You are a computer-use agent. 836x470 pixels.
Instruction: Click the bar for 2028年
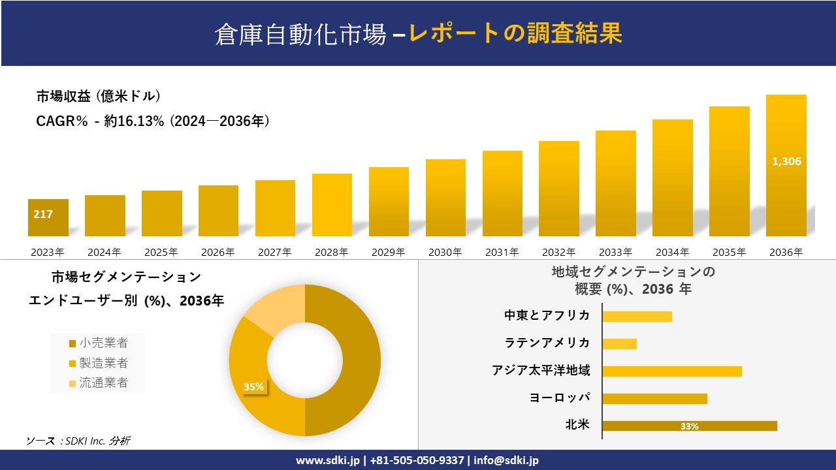pos(332,205)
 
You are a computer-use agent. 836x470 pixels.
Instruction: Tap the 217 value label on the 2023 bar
pos(43,214)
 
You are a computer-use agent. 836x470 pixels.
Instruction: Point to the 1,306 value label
pos(786,161)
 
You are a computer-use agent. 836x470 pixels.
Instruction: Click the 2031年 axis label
pos(502,252)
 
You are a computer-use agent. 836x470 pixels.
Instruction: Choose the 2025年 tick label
pos(161,252)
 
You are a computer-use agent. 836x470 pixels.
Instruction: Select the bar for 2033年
pos(615,183)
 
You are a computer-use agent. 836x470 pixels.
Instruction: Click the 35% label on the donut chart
pos(253,387)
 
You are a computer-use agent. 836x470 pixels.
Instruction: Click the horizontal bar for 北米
pos(689,426)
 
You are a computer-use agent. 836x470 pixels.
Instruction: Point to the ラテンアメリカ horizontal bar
pos(619,343)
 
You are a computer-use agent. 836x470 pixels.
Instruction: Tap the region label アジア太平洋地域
pos(541,371)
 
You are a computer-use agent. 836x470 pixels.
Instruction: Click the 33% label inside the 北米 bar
pos(689,426)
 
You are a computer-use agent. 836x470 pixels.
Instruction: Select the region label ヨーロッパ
pos(559,398)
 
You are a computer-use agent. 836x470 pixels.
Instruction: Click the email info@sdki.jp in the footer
pos(506,460)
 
